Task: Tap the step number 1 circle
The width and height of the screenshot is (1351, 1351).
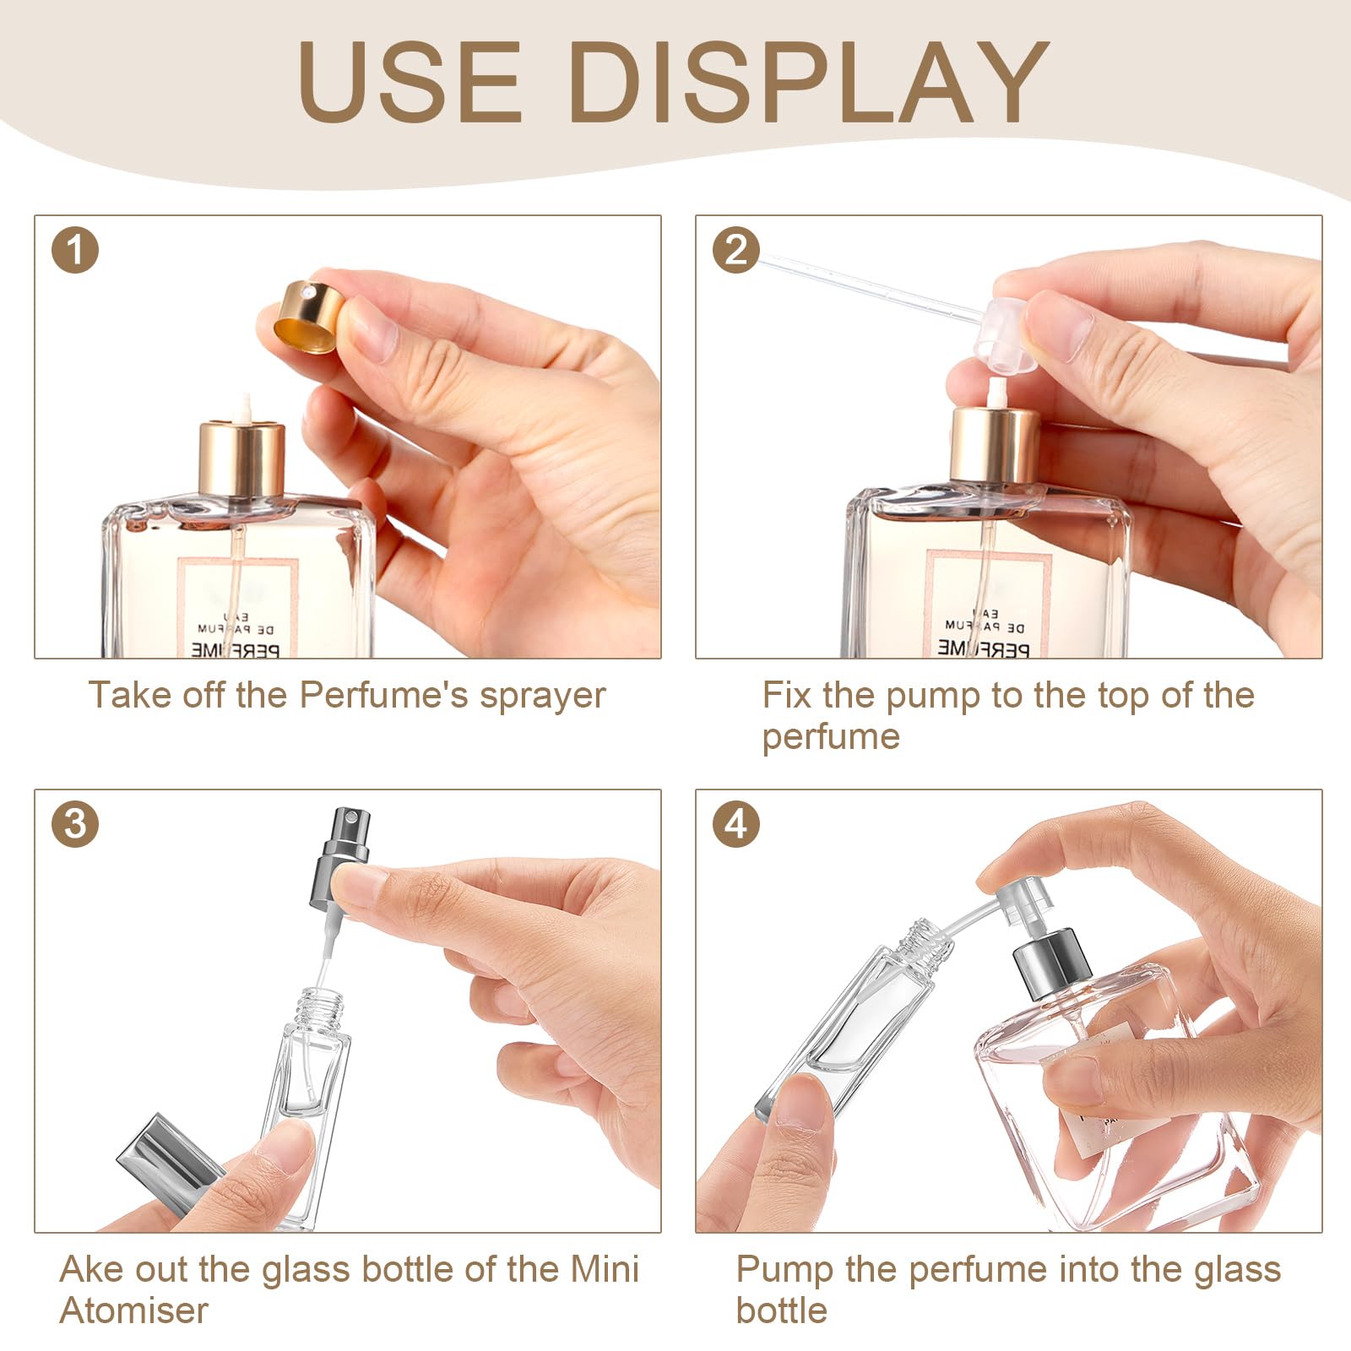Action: tap(75, 251)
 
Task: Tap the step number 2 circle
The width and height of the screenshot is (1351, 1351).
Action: tap(736, 251)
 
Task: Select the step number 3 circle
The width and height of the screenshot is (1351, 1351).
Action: tap(75, 823)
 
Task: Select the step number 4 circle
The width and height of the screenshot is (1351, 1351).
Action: tap(736, 823)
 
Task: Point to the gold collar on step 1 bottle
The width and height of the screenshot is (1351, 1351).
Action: tap(241, 460)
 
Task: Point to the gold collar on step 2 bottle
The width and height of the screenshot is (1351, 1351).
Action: tap(995, 445)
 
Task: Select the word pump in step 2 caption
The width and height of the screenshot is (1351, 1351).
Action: tap(933, 696)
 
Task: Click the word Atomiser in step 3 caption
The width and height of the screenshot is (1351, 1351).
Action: tap(133, 1311)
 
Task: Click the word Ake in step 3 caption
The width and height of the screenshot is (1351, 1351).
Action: tap(91, 1270)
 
